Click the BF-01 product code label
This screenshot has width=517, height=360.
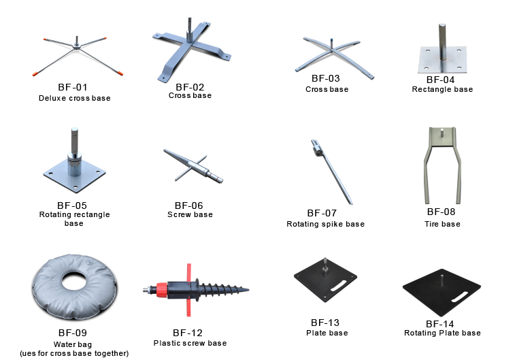73,87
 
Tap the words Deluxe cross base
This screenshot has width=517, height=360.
75,98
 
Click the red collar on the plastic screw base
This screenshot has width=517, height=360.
162,290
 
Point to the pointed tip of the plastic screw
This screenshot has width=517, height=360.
248,290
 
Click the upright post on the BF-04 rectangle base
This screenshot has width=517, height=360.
442,42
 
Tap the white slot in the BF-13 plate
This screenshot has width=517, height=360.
338,286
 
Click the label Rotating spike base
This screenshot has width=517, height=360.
325,224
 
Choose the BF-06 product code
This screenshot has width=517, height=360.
189,206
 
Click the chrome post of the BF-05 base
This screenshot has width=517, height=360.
75,151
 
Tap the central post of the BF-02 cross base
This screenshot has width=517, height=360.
190,30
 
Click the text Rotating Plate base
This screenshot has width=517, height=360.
442,333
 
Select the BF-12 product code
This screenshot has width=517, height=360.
188,333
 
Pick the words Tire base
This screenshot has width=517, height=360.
442,224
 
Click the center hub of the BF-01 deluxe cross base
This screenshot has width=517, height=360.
76,47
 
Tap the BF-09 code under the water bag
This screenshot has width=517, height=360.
73,333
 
